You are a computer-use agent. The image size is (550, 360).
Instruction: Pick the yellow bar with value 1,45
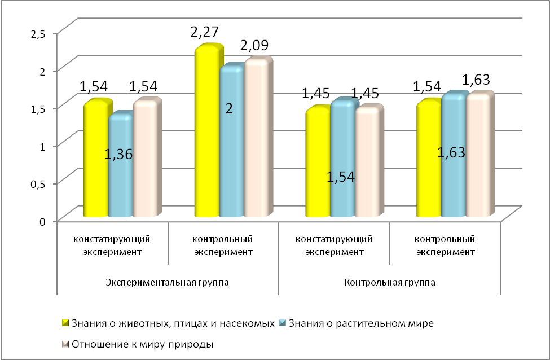point(317,164)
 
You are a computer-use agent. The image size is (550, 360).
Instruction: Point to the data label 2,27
point(205,31)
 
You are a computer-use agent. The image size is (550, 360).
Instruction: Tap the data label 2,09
point(254,45)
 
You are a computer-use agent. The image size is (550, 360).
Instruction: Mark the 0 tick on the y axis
point(42,221)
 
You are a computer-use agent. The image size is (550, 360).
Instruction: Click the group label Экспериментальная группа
point(168,282)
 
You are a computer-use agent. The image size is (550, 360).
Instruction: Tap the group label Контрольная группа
point(390,282)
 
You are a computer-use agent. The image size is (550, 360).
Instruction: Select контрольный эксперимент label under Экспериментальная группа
point(223,245)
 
